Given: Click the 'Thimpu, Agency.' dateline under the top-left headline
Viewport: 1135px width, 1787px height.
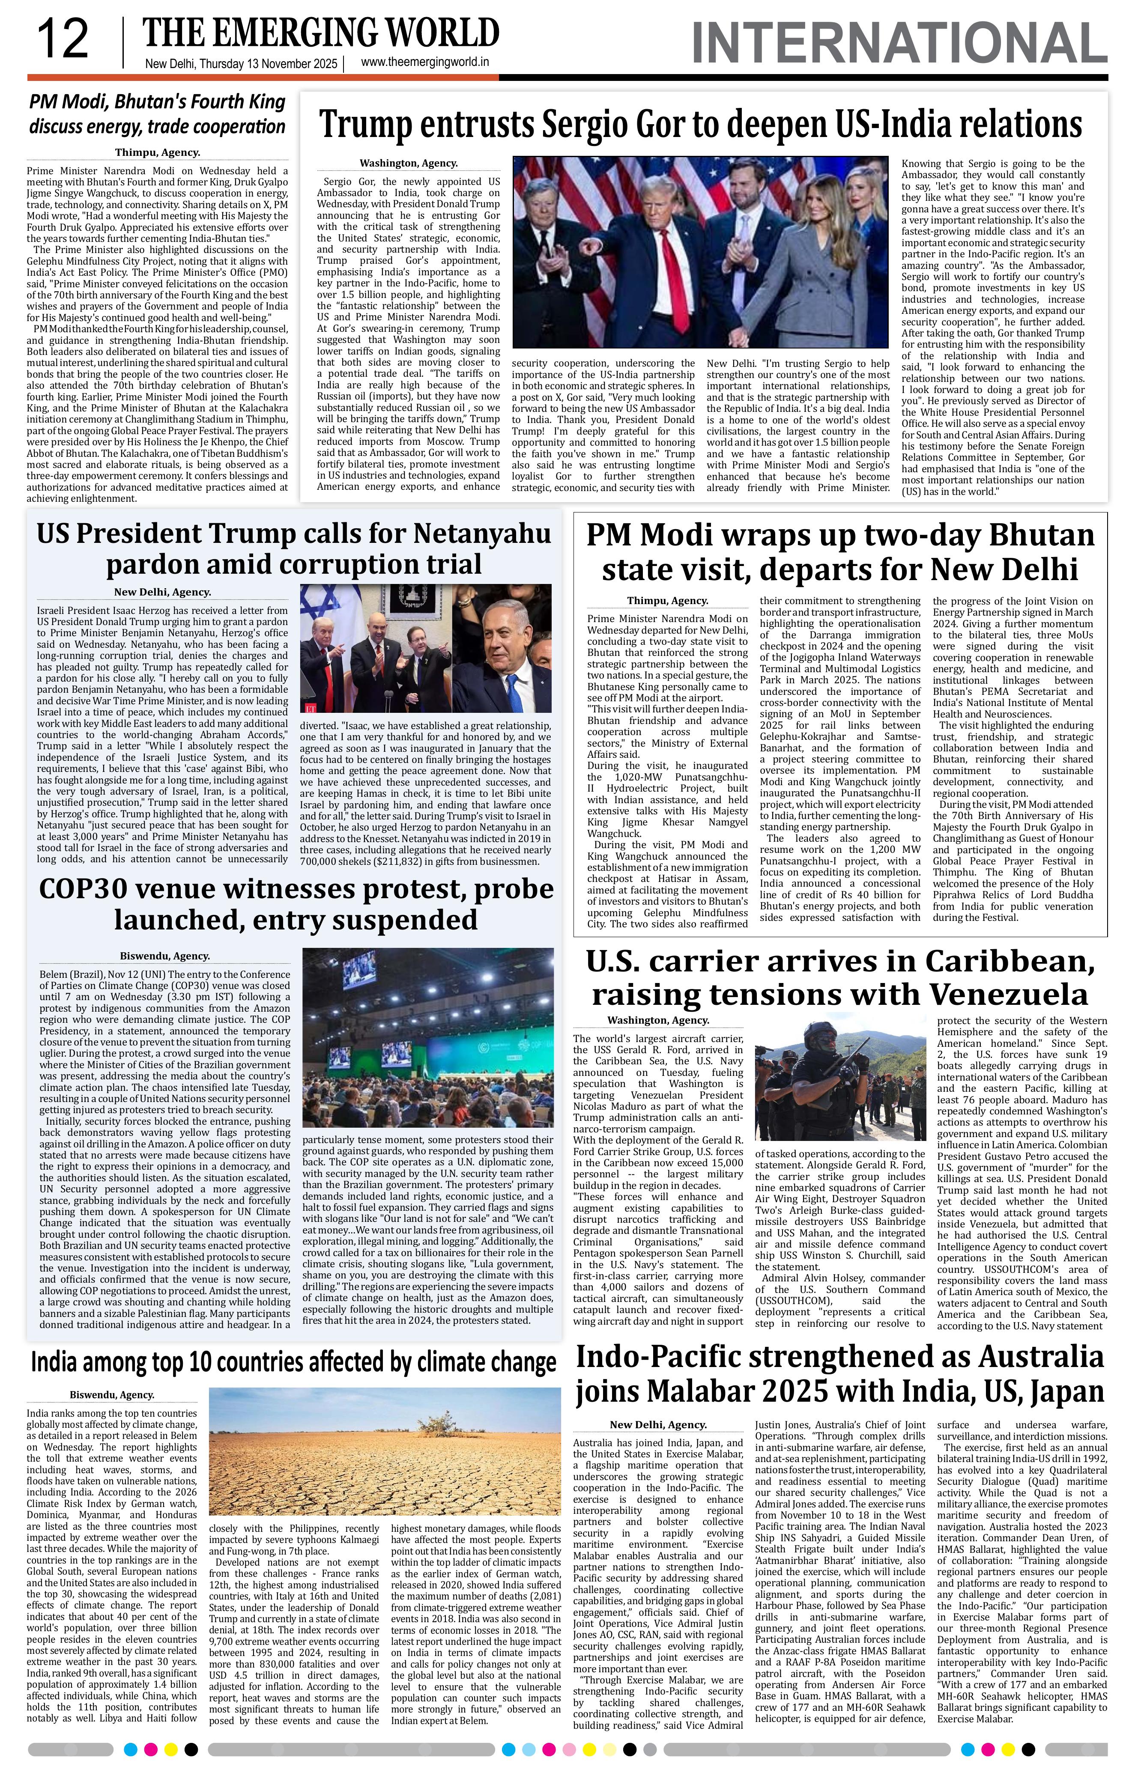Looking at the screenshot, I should pyautogui.click(x=157, y=153).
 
